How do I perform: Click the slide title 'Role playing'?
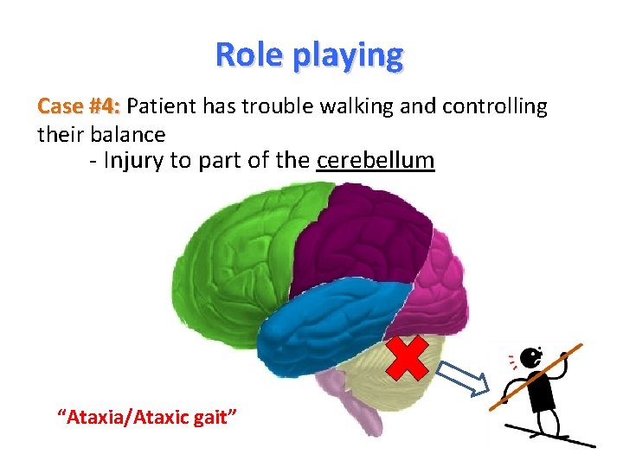(309, 54)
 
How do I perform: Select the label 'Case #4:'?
(79, 106)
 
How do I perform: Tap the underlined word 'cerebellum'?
(376, 161)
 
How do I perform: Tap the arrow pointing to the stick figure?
(459, 378)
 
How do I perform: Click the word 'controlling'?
(494, 106)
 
